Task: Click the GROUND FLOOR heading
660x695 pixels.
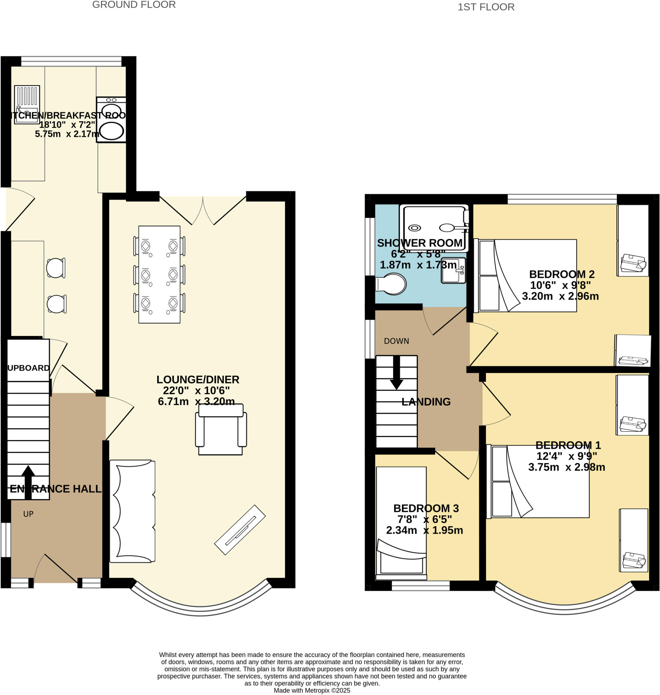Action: click(134, 5)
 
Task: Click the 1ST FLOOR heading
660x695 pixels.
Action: click(486, 7)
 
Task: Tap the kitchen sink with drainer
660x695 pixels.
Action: click(27, 105)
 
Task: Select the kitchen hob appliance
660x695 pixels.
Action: click(111, 119)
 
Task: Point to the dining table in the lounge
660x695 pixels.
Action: click(159, 274)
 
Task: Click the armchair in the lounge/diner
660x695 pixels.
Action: click(221, 429)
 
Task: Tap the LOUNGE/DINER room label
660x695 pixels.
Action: click(198, 379)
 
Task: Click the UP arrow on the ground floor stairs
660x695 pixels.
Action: click(28, 482)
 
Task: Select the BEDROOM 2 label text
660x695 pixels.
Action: click(562, 274)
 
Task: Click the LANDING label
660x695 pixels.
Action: click(426, 402)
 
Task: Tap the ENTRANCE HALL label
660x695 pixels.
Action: click(56, 489)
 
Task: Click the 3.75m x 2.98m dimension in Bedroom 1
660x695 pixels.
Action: click(566, 467)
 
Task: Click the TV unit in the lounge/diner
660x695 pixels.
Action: click(240, 530)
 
